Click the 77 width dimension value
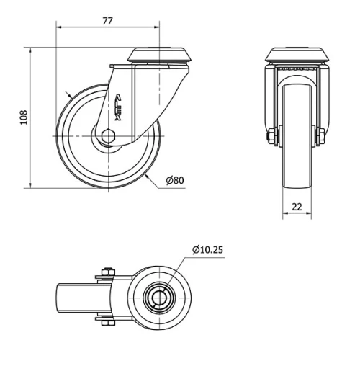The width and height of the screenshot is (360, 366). [107, 20]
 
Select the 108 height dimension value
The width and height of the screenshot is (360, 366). [23, 118]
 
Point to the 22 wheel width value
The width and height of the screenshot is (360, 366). [297, 207]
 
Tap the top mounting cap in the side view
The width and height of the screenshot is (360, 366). [160, 56]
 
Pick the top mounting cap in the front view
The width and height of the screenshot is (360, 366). [297, 55]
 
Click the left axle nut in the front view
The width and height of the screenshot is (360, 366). [272, 136]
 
